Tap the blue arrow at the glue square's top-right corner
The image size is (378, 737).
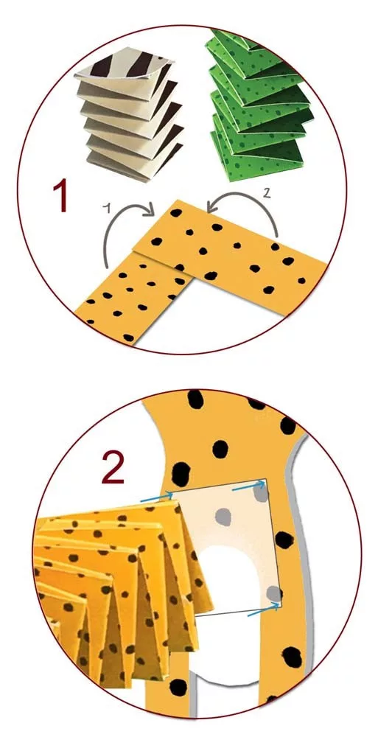pos(248,486)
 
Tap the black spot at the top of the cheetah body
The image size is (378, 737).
pos(195,399)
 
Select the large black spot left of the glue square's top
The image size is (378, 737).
pos(181,473)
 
